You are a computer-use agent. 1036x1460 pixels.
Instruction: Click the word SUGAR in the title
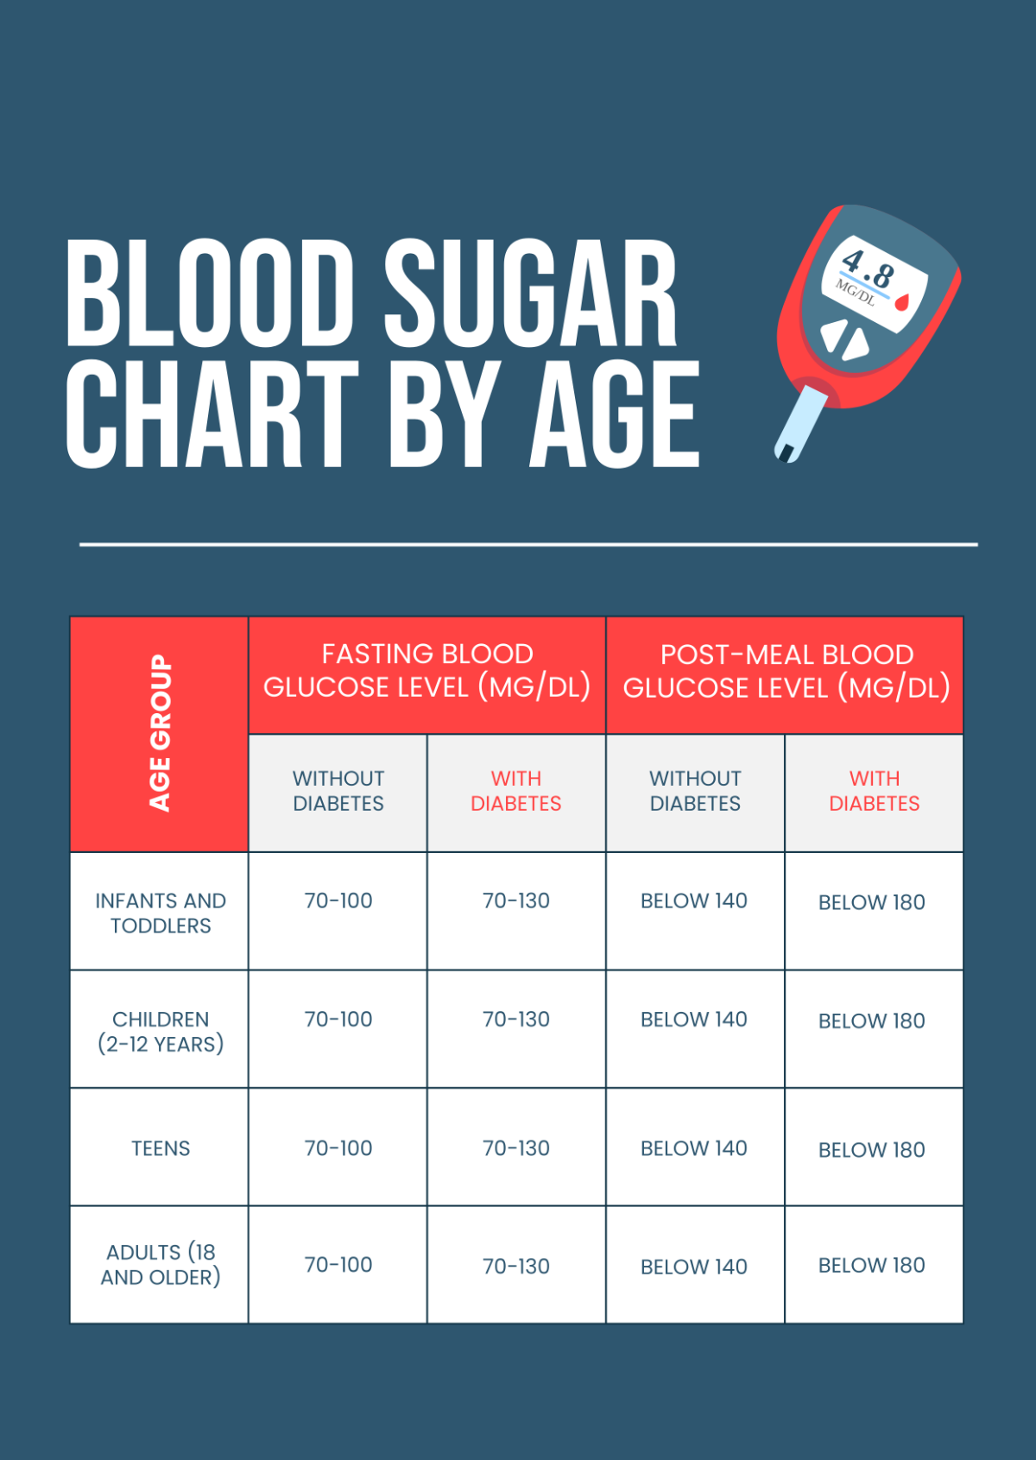pos(530,293)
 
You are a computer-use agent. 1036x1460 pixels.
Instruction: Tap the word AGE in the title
pos(614,414)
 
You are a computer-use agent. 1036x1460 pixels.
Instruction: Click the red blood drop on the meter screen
pos(902,302)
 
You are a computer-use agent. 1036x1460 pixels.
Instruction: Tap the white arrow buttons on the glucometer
pos(843,339)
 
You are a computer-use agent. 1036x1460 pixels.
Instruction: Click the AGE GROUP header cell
pos(160,734)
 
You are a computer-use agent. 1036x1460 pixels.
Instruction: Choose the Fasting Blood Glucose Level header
pos(427,671)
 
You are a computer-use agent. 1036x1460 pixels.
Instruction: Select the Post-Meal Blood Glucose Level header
pos(786,672)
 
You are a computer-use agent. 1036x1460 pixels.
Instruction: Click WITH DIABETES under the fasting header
pos(516,791)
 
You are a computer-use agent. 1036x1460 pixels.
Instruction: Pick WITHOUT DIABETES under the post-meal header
pos(695,791)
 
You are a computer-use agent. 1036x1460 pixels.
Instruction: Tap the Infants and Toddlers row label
pos(161,913)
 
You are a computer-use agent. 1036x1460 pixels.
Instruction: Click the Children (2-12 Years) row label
pos(161,1031)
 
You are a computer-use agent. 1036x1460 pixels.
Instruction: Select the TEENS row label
pos(161,1148)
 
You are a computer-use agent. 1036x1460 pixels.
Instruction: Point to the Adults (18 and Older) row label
pos(161,1265)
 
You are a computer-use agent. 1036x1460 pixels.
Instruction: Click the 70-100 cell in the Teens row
pos(338,1148)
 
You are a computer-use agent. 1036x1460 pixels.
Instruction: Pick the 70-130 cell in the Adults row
pos(516,1267)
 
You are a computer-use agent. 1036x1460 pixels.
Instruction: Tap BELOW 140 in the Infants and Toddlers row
pos(694,901)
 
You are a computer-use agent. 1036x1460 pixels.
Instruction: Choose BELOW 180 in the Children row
pos(872,1021)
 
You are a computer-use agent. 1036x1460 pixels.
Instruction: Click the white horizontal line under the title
pos(528,545)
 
